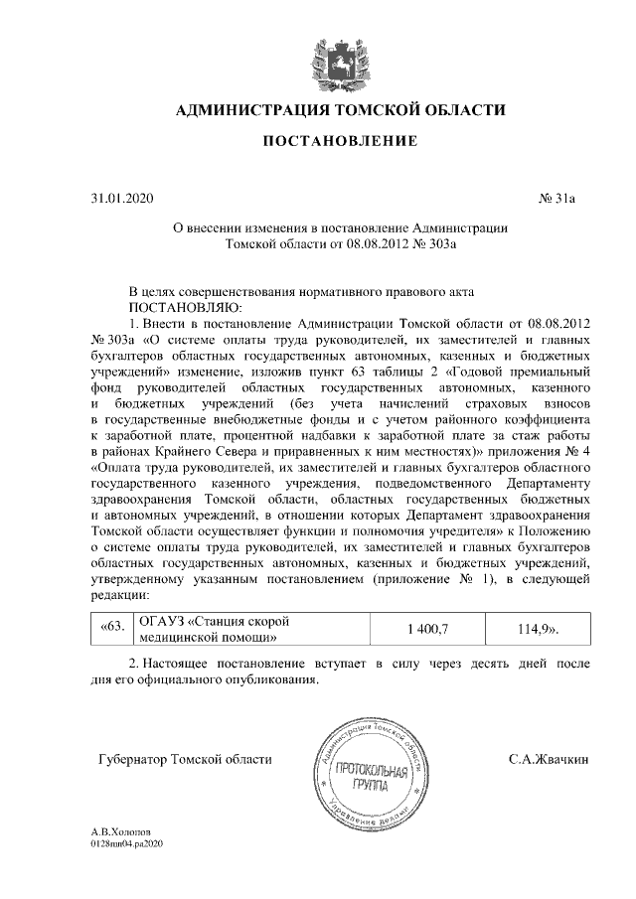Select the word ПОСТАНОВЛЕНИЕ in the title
[x=339, y=143]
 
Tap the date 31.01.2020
[x=117, y=199]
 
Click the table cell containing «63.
[x=112, y=628]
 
